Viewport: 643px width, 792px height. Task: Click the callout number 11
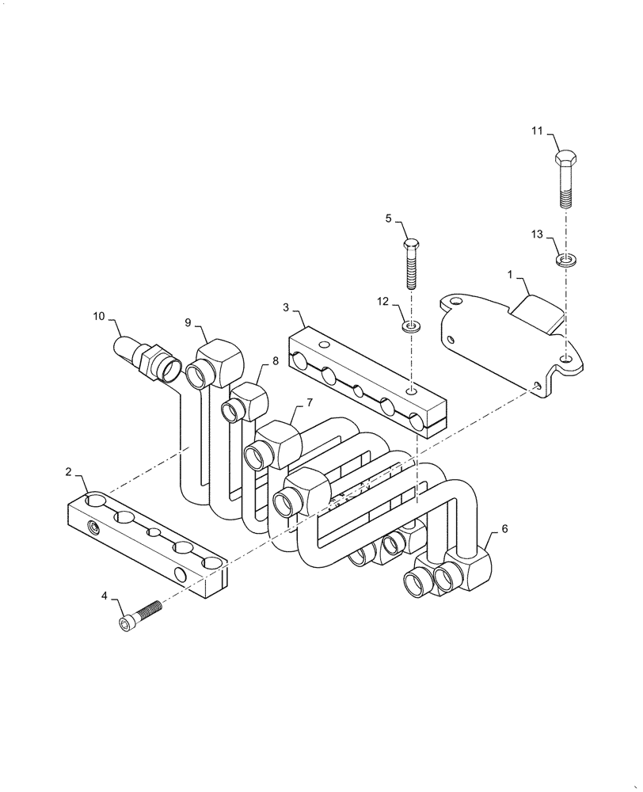(538, 131)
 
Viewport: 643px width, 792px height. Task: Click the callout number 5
(389, 219)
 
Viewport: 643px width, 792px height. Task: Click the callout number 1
(511, 275)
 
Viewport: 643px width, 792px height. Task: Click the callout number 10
(99, 316)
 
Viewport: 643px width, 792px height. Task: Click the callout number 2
(70, 472)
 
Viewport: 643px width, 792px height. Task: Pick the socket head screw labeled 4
(139, 615)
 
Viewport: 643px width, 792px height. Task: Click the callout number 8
(275, 360)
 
